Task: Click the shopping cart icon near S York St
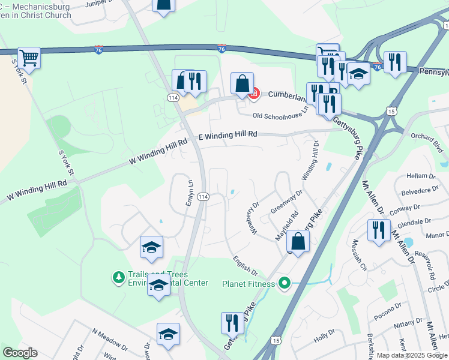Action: point(29,59)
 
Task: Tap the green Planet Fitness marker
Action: point(285,283)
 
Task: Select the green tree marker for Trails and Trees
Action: point(118,277)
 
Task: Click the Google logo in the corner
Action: point(20,353)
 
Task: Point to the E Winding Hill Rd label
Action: point(228,136)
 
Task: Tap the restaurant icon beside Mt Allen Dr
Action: point(378,231)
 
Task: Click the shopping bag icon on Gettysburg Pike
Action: point(298,242)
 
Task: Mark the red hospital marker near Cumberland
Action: point(255,93)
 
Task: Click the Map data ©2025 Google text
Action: point(412,355)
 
